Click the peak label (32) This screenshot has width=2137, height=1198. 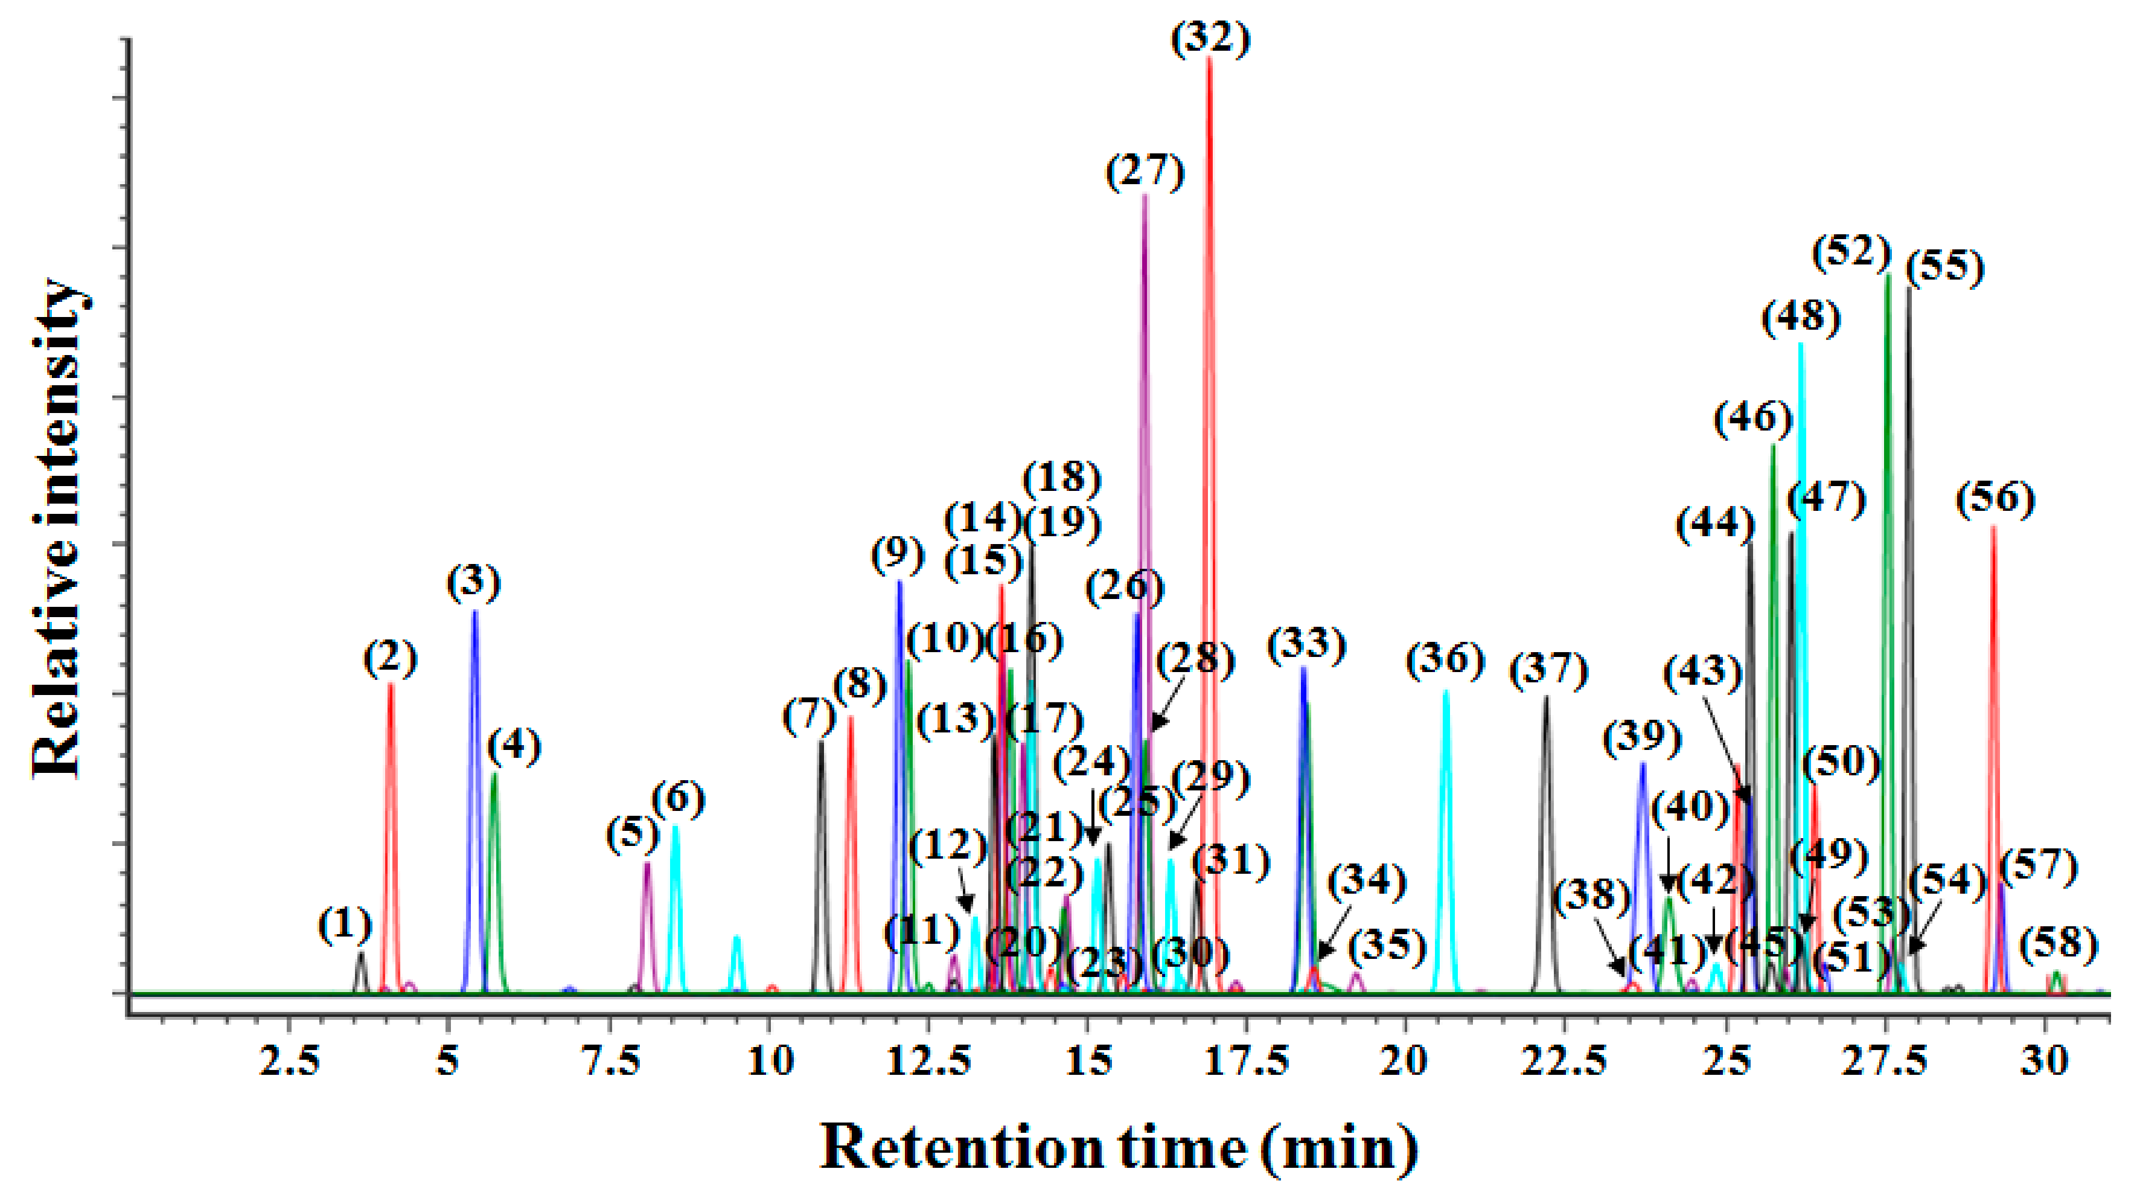coord(1210,39)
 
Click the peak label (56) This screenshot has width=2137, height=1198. coord(1995,499)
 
